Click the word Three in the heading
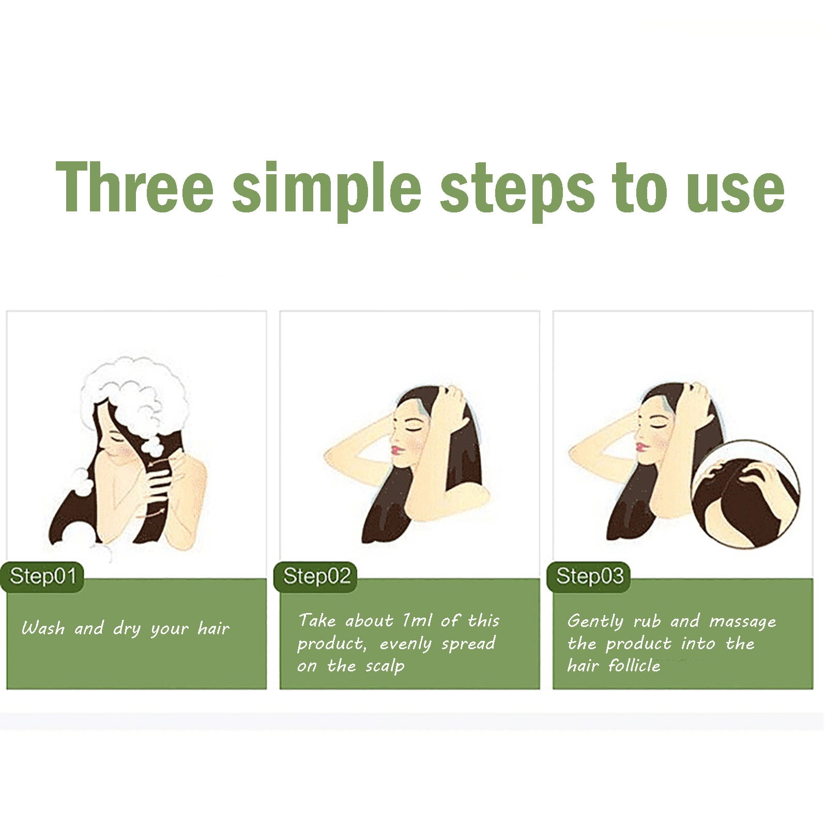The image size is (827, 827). click(134, 187)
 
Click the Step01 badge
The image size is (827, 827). click(42, 576)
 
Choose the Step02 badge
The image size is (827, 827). click(316, 576)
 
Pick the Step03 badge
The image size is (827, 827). click(589, 576)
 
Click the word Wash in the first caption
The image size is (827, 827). click(43, 628)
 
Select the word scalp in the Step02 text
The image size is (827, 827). click(385, 666)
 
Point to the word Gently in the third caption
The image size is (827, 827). click(595, 621)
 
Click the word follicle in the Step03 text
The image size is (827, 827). click(634, 665)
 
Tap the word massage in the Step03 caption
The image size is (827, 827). click(743, 622)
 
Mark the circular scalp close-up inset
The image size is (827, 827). click(746, 494)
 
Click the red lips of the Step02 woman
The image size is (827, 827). click(396, 450)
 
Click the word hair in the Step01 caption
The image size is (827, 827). click(213, 628)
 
